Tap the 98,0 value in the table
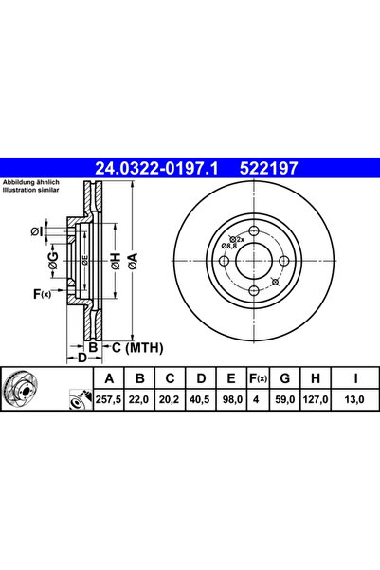click(x=229, y=399)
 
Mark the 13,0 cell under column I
click(x=354, y=399)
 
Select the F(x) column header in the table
click(x=255, y=379)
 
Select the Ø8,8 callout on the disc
click(x=229, y=246)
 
